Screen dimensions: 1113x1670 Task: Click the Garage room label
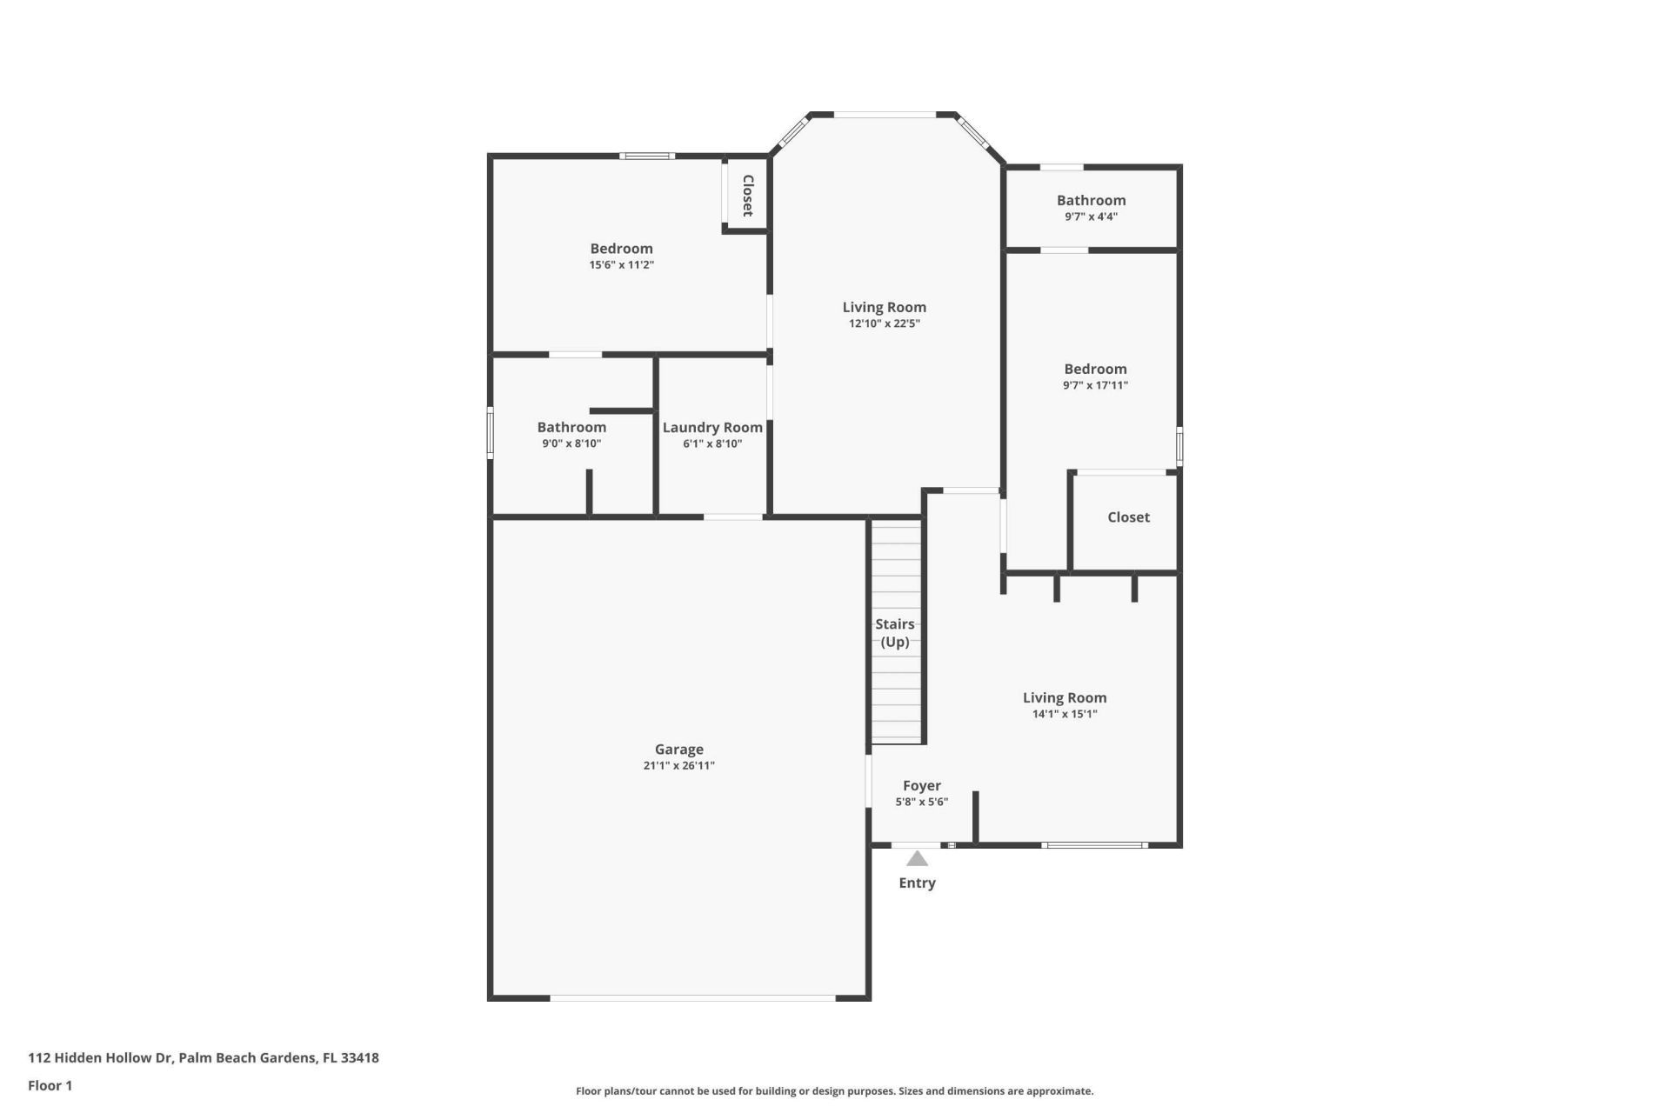678,749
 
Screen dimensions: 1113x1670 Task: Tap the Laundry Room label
712,427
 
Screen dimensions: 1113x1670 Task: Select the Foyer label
921,785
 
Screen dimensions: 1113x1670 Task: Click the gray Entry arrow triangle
917,859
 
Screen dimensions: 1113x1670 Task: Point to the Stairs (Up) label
894,633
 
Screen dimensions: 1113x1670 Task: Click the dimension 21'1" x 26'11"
678,766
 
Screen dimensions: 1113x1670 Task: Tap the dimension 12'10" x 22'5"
884,323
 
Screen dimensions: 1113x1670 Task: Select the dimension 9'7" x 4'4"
1091,217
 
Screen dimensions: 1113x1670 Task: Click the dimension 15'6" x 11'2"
621,264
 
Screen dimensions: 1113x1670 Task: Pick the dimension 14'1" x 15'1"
1065,714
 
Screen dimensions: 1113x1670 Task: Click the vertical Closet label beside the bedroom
747,196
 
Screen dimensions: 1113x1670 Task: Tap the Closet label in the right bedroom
1128,517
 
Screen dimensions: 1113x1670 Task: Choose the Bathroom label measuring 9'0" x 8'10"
571,427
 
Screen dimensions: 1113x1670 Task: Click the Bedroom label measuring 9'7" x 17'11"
1095,369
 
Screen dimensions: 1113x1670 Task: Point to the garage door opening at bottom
693,998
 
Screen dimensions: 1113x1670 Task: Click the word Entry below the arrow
917,883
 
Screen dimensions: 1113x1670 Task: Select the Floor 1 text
50,1085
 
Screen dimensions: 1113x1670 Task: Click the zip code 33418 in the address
359,1058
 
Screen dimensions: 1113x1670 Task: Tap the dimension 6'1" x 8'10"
712,443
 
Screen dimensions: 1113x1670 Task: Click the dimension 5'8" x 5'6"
921,802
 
